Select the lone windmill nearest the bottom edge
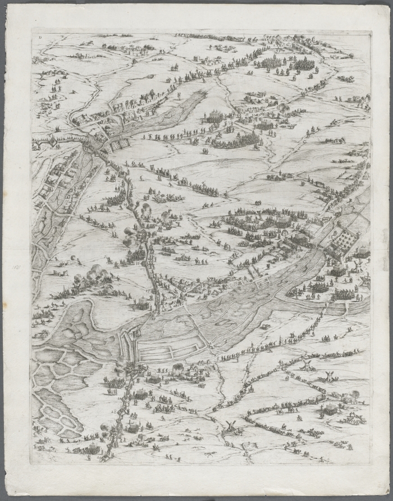click(x=230, y=425)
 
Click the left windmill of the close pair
click(x=307, y=367)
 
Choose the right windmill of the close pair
click(x=328, y=375)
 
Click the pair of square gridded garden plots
click(x=120, y=145)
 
